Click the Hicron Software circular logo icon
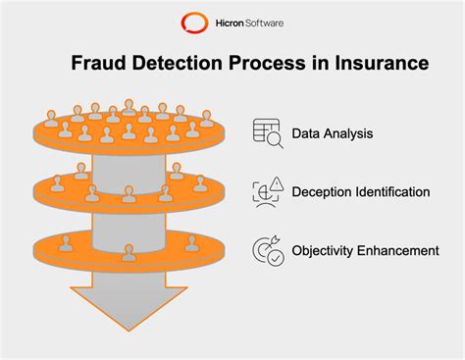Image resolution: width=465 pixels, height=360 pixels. click(190, 22)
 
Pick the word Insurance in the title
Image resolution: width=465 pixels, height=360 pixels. click(378, 64)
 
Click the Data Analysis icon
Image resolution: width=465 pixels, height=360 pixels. click(267, 132)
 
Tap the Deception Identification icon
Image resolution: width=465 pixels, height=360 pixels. click(267, 191)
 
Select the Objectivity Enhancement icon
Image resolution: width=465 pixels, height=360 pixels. click(267, 250)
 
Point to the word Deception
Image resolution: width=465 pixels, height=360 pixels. click(323, 191)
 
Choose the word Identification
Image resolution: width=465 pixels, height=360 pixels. click(393, 191)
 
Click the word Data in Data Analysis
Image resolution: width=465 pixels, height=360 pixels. click(307, 132)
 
